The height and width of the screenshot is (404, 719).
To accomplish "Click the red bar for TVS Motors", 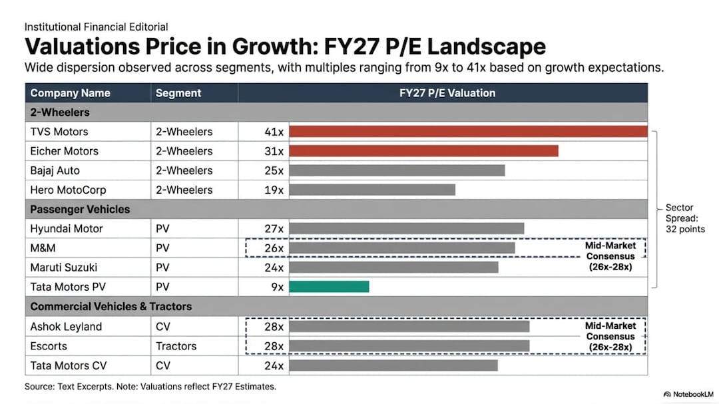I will point(468,132).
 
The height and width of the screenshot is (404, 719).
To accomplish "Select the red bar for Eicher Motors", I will point(423,151).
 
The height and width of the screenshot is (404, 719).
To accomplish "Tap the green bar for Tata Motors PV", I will point(329,287).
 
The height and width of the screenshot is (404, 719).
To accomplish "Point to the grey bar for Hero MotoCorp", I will point(372,190).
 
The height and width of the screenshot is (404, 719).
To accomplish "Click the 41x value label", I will point(274,132).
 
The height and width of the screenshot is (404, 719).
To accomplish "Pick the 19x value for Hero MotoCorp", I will point(274,190).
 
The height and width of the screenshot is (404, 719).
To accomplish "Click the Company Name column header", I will point(70,93).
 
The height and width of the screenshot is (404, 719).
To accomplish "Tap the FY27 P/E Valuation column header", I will point(447,93).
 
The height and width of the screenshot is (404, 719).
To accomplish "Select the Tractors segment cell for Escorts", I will point(176,346).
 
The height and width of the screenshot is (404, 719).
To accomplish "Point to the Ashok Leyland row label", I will point(66,327).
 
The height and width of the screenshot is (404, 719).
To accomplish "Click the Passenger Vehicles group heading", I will point(80,209).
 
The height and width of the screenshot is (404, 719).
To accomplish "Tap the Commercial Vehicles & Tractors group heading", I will point(111,307).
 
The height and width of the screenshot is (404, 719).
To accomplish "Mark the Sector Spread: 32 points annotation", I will point(684,218).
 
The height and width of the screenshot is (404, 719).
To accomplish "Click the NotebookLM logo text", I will point(690,394).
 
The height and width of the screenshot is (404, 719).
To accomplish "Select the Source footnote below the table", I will point(150,387).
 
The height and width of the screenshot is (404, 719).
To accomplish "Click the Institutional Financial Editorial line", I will point(96,27).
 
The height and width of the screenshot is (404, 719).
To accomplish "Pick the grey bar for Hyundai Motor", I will point(406,229).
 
